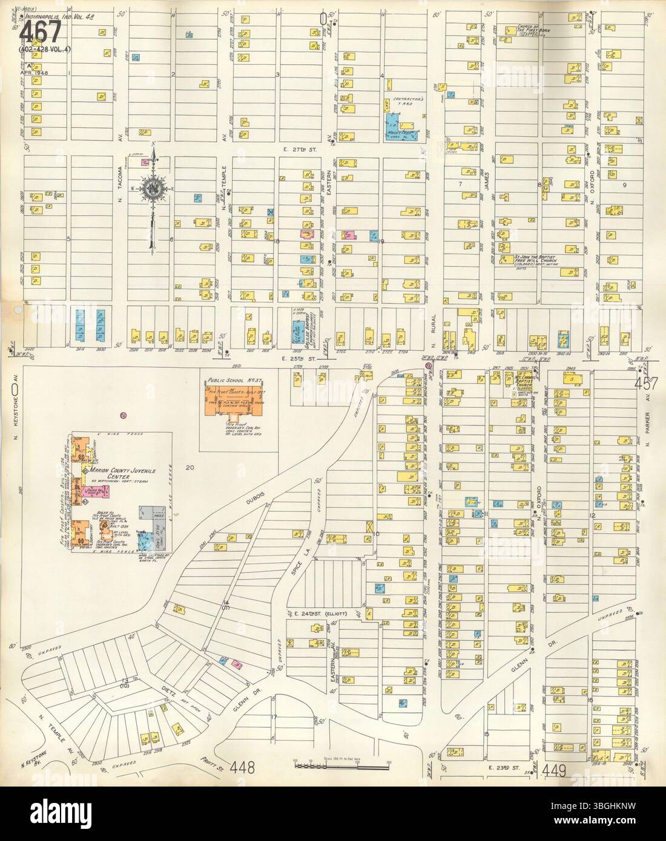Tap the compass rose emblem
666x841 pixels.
(x=152, y=189)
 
